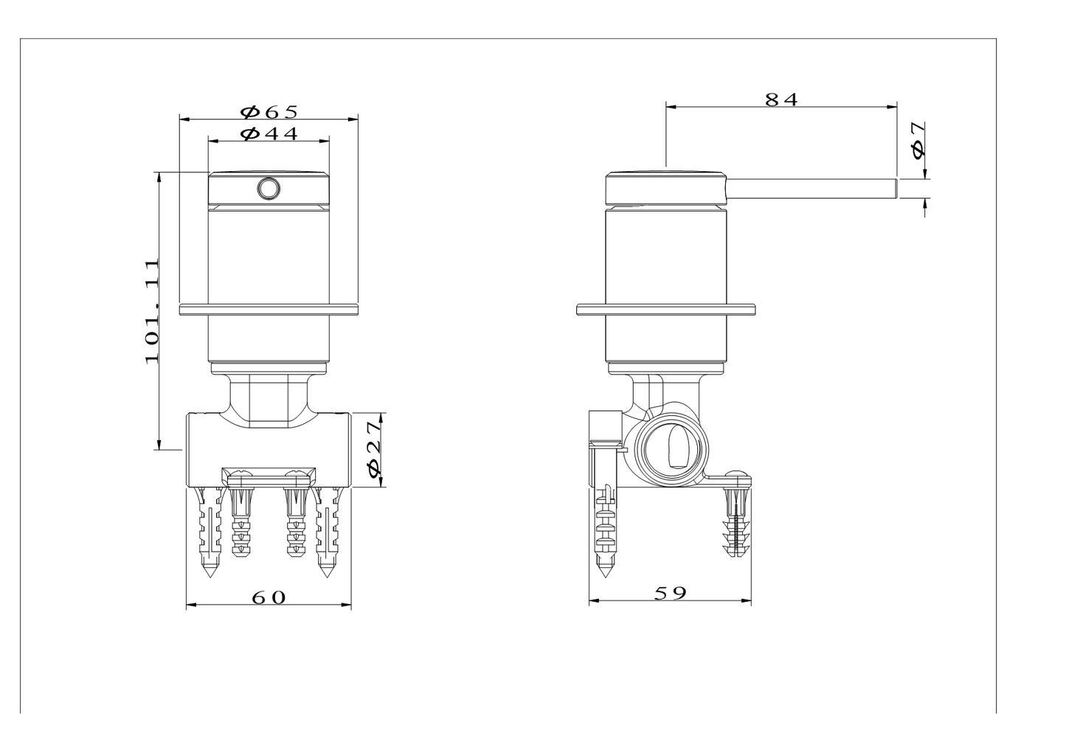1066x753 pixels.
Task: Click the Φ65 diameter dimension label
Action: (269, 111)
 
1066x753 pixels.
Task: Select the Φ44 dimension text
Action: (269, 133)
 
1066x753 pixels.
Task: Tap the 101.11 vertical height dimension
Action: (152, 310)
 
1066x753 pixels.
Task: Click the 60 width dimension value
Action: (269, 597)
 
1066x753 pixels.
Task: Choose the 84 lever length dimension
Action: (781, 100)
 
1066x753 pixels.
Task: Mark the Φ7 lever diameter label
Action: (917, 140)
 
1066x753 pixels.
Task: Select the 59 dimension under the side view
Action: (670, 593)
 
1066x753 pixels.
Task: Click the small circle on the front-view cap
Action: (269, 190)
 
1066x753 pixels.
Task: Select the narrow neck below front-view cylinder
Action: (269, 398)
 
